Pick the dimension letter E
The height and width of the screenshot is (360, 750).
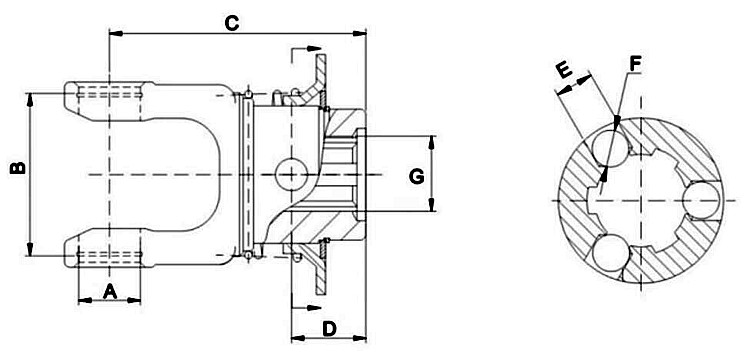coord(563,71)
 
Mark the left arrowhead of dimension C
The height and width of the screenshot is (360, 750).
coord(113,33)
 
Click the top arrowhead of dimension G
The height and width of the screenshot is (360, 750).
coord(433,139)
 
